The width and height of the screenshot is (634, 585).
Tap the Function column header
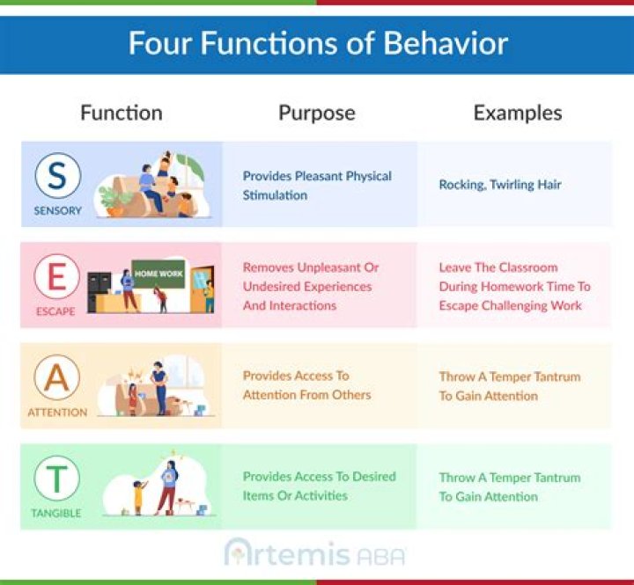(x=122, y=113)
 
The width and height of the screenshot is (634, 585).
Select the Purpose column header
(x=317, y=113)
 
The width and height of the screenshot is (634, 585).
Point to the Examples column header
(x=517, y=113)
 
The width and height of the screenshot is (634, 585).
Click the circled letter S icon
(x=58, y=177)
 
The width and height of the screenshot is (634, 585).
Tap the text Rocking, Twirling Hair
(x=500, y=185)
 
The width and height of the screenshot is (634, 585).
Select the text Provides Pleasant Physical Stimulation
(x=317, y=186)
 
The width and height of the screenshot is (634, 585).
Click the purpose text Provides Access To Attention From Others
(x=307, y=385)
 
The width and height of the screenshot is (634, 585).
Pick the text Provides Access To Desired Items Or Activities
(x=319, y=486)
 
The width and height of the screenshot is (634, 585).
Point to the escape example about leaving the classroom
(x=514, y=286)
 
